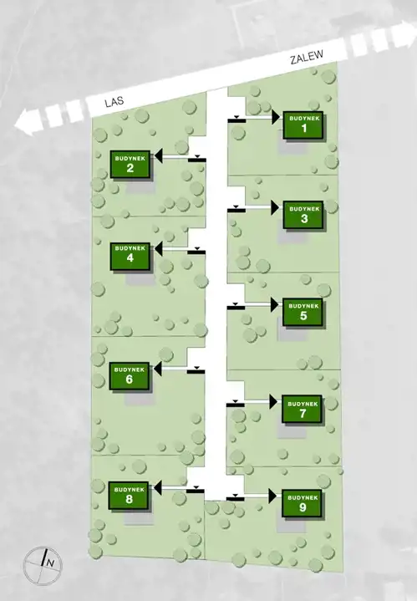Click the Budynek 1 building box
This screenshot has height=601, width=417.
pyautogui.click(x=303, y=125)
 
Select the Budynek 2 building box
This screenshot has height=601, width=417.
pyautogui.click(x=130, y=164)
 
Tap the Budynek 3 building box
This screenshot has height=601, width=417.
pyautogui.click(x=303, y=215)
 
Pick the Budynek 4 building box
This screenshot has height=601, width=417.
pyautogui.click(x=130, y=256)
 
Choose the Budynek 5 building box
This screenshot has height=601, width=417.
pyautogui.click(x=303, y=312)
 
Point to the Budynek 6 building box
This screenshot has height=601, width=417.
pyautogui.click(x=130, y=376)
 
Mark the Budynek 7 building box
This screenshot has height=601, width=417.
pyautogui.click(x=302, y=409)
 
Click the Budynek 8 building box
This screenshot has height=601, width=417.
pyautogui.click(x=129, y=496)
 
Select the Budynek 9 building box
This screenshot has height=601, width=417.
pyautogui.click(x=302, y=503)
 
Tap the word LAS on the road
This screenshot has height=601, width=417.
pyautogui.click(x=114, y=102)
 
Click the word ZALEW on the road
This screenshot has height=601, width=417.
pyautogui.click(x=307, y=57)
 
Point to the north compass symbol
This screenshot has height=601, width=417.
pyautogui.click(x=43, y=565)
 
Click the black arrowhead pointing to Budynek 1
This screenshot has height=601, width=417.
pyautogui.click(x=276, y=117)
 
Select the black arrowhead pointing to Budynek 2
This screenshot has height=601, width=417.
pyautogui.click(x=158, y=156)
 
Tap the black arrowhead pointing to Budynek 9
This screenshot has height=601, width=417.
pyautogui.click(x=272, y=496)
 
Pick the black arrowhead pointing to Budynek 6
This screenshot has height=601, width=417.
pyautogui.click(x=158, y=369)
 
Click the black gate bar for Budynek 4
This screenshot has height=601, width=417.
pyautogui.click(x=196, y=252)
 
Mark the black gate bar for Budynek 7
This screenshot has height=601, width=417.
pyautogui.click(x=236, y=405)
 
